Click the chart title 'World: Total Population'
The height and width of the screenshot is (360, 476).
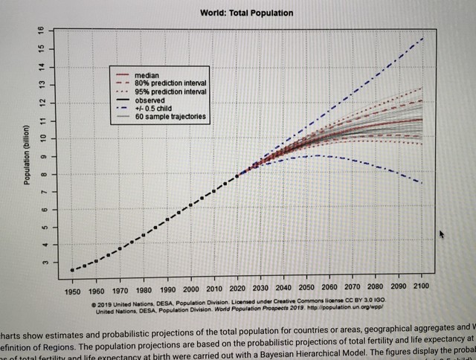[247, 13]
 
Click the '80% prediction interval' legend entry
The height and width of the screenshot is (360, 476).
[170, 83]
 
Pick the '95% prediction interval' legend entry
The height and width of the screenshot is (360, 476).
[170, 91]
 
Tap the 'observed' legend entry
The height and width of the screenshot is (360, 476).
[152, 100]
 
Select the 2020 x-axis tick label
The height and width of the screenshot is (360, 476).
[237, 288]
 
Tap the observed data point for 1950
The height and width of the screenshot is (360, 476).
[72, 269]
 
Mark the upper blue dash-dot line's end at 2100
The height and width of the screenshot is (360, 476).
[423, 38]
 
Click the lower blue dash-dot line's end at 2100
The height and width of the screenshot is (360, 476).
[422, 182]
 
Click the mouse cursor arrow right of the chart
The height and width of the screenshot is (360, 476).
[442, 235]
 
